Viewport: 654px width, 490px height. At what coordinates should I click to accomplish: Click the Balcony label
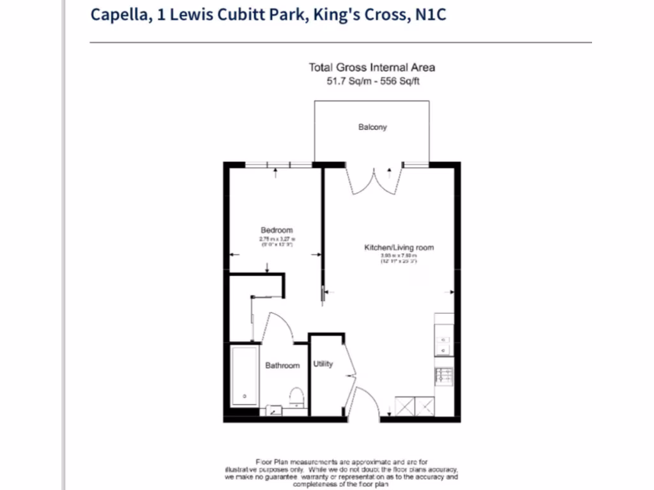coord(372,127)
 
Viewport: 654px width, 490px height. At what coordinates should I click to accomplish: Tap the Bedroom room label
coord(277,230)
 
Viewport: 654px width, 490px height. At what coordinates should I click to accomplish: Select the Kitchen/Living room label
coord(399,247)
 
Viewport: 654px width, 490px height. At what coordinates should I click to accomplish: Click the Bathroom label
coord(282,366)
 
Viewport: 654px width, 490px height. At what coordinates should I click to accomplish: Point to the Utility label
coord(323,364)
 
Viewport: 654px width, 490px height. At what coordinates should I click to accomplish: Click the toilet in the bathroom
coord(296,397)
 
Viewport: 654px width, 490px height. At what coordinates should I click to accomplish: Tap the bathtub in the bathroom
coord(245,376)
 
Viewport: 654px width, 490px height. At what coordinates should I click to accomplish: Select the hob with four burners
coord(443,376)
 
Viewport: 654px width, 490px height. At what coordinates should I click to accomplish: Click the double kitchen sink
coord(443,345)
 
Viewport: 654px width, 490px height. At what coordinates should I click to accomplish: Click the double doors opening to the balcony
coord(375,178)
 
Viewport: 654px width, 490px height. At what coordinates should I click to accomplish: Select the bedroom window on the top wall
coord(278,165)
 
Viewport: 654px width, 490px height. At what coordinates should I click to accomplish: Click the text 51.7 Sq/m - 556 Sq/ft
coord(372,81)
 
